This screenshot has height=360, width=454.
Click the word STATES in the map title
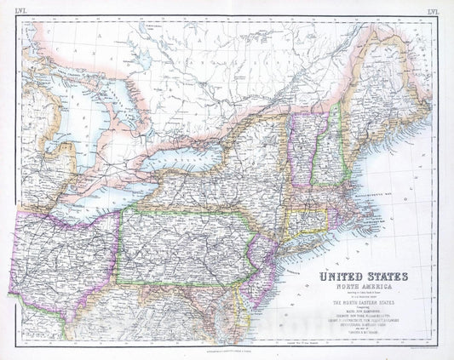[x=384, y=277]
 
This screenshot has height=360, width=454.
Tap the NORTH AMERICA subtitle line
[x=362, y=287]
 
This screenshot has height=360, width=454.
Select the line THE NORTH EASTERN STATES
[x=363, y=303]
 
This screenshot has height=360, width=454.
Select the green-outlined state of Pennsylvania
[x=183, y=247]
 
